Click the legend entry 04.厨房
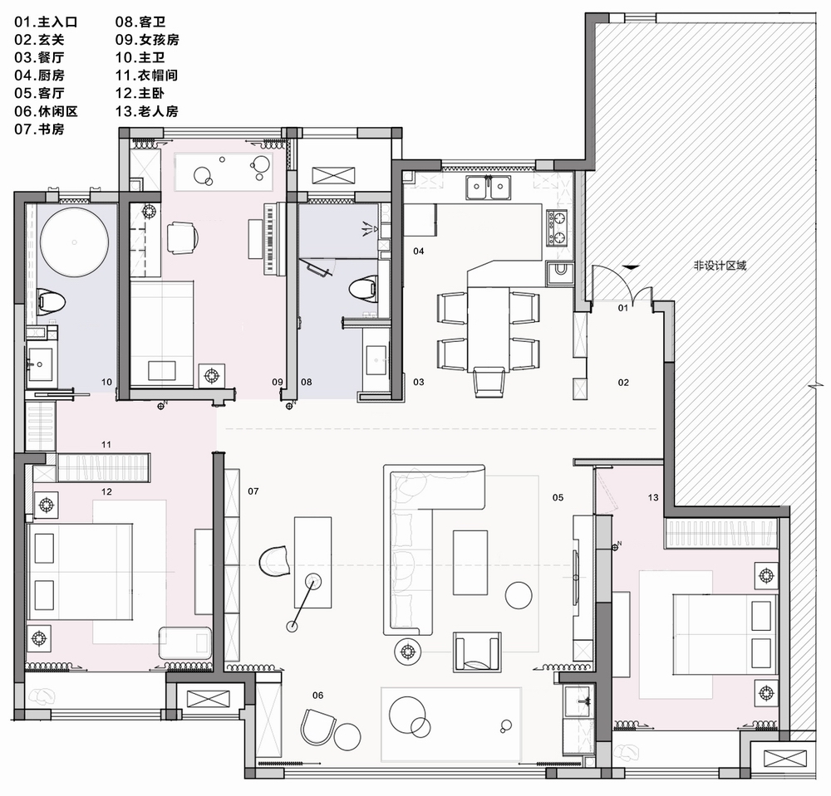coord(39,76)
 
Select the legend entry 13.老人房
coord(147,111)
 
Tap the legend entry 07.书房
coord(39,129)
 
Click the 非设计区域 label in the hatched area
coord(720,265)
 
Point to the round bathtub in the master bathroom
coord(75,242)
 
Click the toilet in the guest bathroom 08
coord(364,290)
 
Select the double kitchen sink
coord(488,187)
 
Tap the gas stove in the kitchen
coord(557,228)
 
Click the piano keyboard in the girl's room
coord(270,239)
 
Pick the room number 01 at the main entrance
coord(623,307)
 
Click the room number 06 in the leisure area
coord(317,696)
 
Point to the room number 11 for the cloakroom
coord(106,445)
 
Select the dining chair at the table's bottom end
coord(489,382)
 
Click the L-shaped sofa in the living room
coord(411,540)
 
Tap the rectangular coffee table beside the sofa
coord(470,563)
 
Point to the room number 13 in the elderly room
coord(653,497)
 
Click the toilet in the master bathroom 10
coord(51,301)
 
